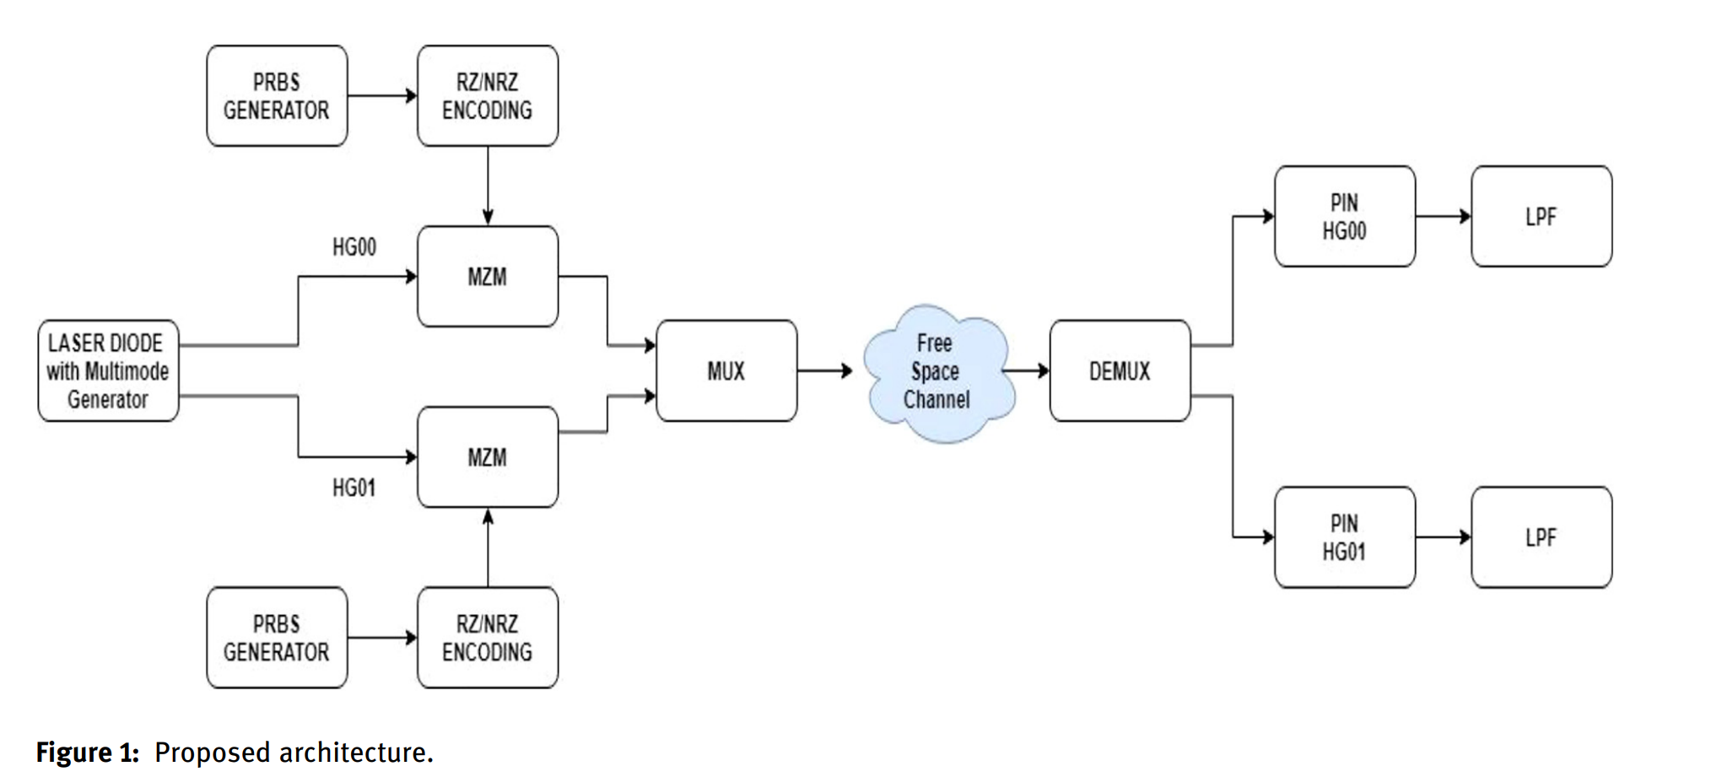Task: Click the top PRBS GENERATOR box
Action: [x=277, y=96]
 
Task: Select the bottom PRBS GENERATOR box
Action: [x=277, y=638]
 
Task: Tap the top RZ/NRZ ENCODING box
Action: [x=488, y=96]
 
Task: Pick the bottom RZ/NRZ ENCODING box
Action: [x=488, y=638]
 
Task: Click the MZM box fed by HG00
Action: [x=488, y=277]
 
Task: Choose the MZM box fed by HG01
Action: [x=488, y=457]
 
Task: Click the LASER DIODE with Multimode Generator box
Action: [x=108, y=371]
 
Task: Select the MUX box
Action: [x=726, y=371]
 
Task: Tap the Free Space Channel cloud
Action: [x=937, y=372]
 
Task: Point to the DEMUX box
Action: [x=1120, y=371]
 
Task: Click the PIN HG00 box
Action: [x=1344, y=217]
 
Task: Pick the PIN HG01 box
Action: [x=1344, y=537]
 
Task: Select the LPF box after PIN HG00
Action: [x=1542, y=217]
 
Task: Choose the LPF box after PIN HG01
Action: [x=1542, y=537]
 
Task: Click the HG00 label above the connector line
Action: [x=354, y=247]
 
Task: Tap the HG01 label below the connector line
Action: [x=354, y=488]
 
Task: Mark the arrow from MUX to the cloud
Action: [x=825, y=370]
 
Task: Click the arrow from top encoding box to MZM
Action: [x=488, y=186]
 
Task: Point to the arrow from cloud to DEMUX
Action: [x=1027, y=370]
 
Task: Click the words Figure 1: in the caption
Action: [x=87, y=753]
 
